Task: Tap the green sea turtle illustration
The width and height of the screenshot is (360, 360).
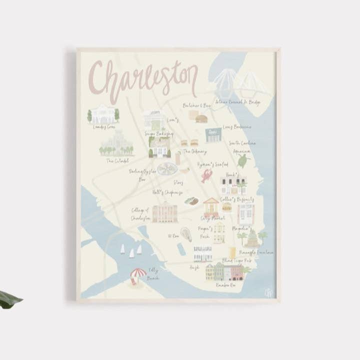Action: [x=243, y=160]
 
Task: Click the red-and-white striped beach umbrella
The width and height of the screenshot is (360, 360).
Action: [x=138, y=273]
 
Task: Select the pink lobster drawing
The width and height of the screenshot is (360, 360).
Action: [x=206, y=175]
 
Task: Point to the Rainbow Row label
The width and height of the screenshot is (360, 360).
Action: [x=225, y=285]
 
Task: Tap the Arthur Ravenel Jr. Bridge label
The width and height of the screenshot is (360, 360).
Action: [x=238, y=102]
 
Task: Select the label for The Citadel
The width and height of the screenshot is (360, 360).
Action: [x=117, y=160]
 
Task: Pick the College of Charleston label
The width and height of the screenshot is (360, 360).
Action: [x=140, y=214]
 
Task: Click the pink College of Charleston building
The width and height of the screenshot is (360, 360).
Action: [x=165, y=213]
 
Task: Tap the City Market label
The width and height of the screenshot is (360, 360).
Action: [x=212, y=218]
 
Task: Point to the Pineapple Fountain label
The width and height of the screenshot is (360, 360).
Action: [x=257, y=252]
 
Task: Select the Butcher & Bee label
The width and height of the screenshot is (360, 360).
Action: [x=196, y=105]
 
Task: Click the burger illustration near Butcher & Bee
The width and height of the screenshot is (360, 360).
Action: [x=201, y=119]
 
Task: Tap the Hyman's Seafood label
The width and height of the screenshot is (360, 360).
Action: [x=212, y=164]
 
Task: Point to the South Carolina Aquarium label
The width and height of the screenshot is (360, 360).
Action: [x=242, y=146]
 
